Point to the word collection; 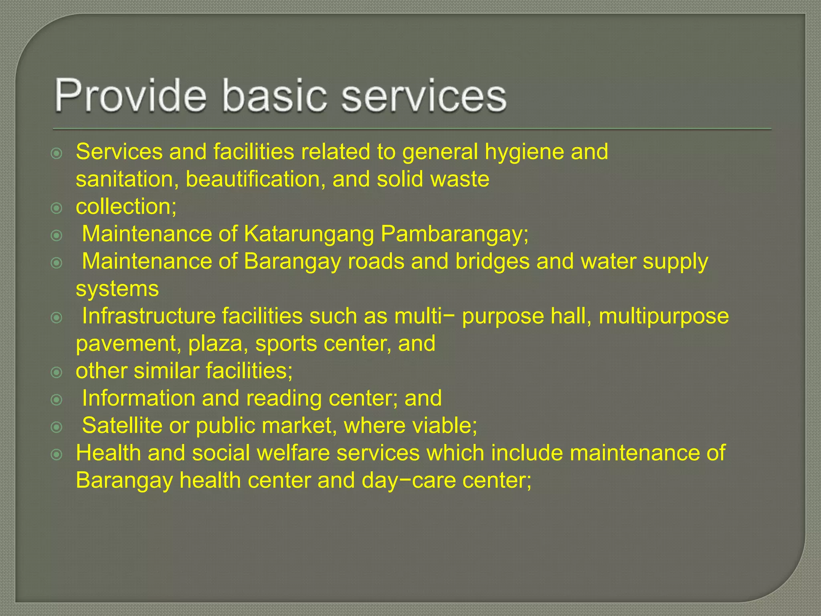pos(126,207)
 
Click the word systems pos(117,289)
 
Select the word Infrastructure pos(149,316)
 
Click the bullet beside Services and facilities pos(57,153)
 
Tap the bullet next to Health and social pos(57,454)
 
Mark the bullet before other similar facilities pos(57,372)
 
